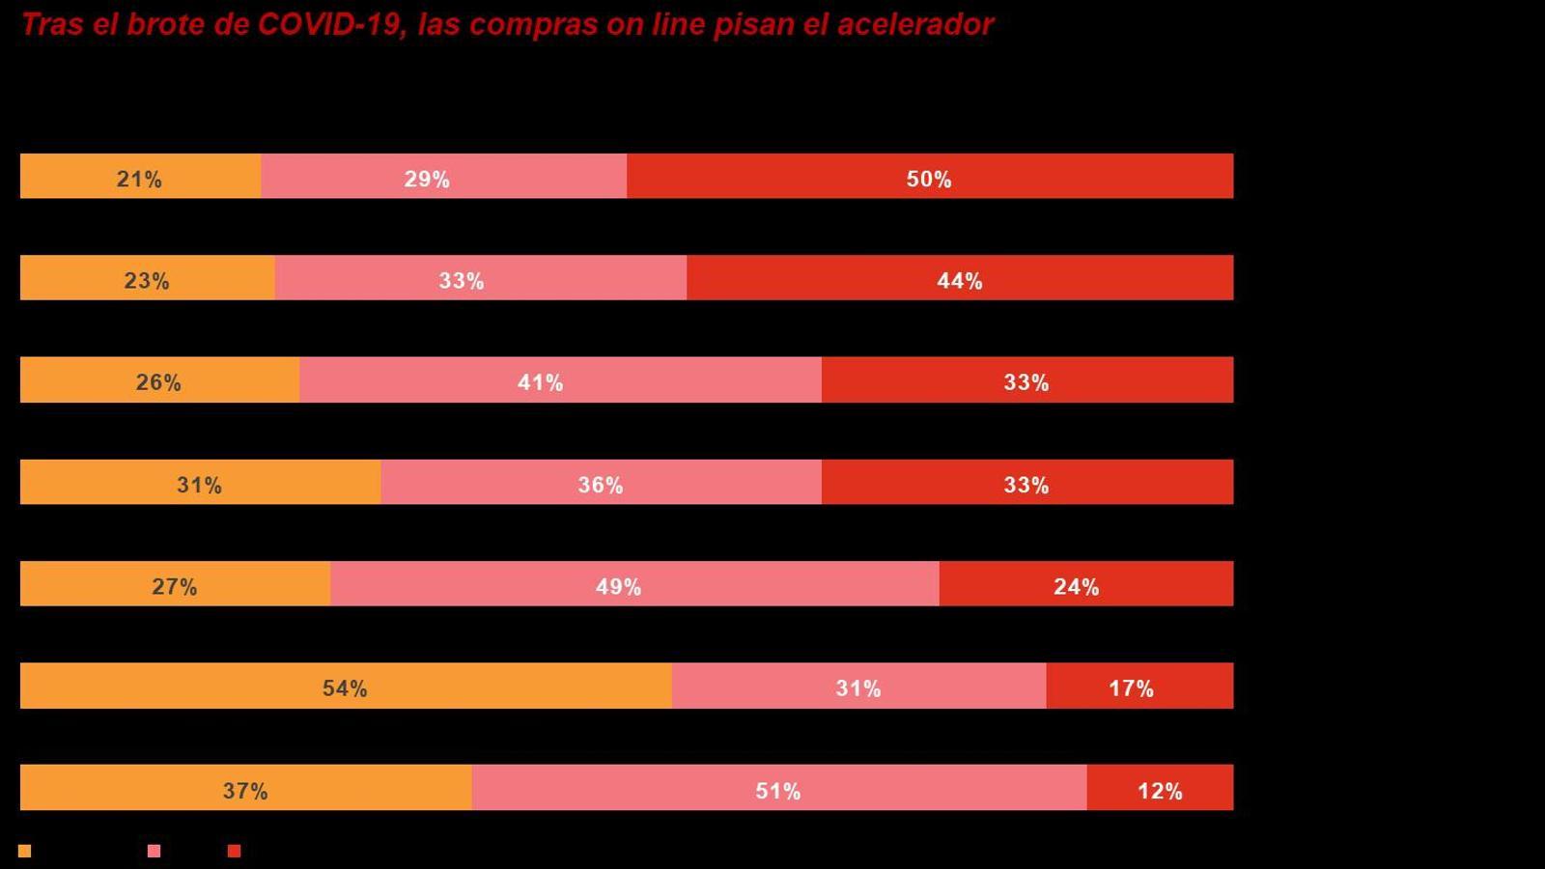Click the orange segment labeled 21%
(x=140, y=176)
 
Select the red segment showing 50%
(x=929, y=176)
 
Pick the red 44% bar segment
(x=959, y=278)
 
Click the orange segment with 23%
(x=147, y=278)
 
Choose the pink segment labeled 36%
(x=601, y=482)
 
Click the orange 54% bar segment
(x=345, y=686)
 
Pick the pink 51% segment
(x=778, y=788)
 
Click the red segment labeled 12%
(x=1159, y=788)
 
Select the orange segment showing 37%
(x=245, y=788)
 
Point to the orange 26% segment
(x=159, y=379)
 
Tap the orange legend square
(x=25, y=851)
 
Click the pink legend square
(x=154, y=851)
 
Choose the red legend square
(x=234, y=851)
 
